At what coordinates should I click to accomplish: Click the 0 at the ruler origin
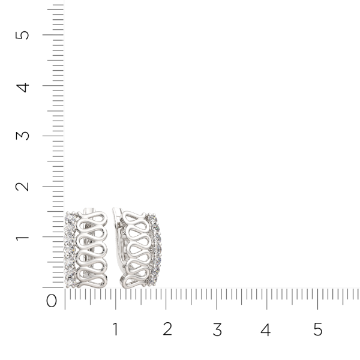point(52,301)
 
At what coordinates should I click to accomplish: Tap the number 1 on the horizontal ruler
point(115,329)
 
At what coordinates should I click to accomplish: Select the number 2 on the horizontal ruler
point(167,329)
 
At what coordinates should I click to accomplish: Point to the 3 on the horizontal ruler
point(217,329)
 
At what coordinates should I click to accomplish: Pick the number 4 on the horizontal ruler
point(266,329)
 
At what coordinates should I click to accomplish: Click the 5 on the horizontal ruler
point(317,329)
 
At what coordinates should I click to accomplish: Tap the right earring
point(137,248)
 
